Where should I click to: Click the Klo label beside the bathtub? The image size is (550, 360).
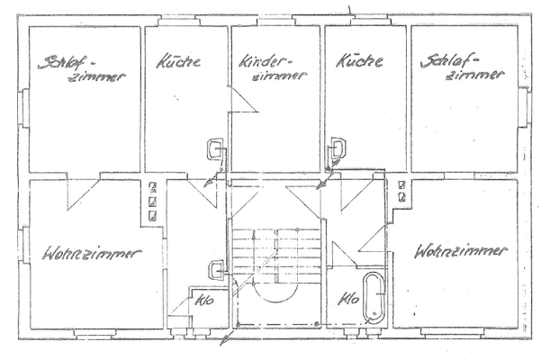pos(347,300)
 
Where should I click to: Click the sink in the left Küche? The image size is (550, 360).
pos(215,147)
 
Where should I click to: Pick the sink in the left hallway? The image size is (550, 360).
pos(215,268)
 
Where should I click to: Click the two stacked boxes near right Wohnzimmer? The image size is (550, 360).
pos(401,189)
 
